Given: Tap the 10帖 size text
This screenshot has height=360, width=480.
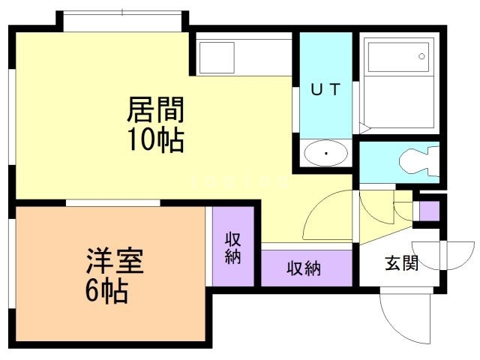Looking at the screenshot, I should point(154,139).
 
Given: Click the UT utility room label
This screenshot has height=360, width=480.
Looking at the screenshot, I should point(325,89).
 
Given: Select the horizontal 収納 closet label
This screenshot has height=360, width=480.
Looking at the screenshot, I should point(304,268).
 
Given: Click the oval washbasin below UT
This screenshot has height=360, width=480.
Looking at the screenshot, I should point(326,154).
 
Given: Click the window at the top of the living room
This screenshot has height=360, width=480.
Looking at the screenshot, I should point(122,20).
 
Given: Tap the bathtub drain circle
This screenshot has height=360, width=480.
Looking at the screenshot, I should point(422,56).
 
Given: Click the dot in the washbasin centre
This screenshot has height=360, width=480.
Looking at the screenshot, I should point(326,155).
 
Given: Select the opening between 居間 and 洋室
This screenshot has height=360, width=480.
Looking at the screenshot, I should point(112,202).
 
